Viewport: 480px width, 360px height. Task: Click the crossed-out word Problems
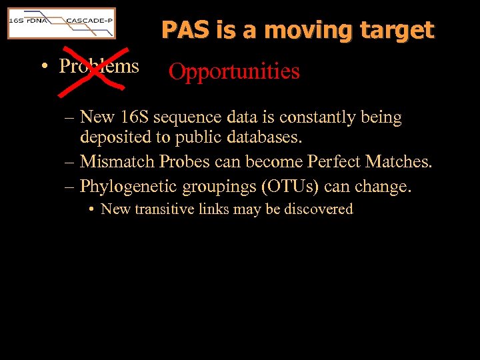pos(99,66)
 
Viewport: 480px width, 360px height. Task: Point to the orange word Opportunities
pos(234,71)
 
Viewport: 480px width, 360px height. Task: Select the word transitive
pos(163,209)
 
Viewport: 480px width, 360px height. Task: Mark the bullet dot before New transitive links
pos(91,210)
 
